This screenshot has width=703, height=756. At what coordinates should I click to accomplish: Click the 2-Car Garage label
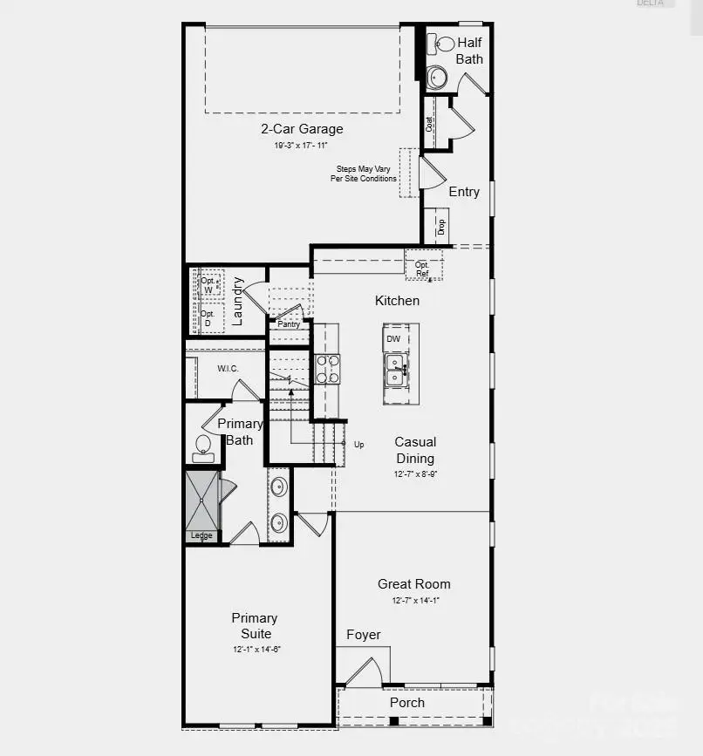(x=302, y=129)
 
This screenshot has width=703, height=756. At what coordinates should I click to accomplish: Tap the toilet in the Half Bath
(x=445, y=44)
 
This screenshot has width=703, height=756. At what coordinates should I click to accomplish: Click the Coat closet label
(x=430, y=124)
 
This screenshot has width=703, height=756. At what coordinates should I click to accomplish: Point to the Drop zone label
(x=441, y=227)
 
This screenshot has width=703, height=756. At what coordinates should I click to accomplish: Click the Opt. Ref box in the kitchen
(x=423, y=269)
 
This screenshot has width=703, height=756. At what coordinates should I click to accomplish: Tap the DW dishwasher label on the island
(x=393, y=338)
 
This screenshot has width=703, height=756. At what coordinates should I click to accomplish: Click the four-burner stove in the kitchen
(x=327, y=369)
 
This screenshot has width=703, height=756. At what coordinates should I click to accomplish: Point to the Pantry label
(x=289, y=324)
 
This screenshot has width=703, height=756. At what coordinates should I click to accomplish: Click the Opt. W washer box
(x=208, y=285)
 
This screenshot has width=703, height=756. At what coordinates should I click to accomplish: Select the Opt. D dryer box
(x=208, y=318)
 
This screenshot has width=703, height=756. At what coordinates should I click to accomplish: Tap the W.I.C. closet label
(x=229, y=369)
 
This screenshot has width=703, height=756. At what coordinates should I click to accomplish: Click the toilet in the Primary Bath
(x=203, y=446)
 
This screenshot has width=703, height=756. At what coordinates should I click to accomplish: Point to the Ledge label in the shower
(x=201, y=535)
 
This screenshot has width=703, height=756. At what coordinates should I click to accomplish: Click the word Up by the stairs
(x=359, y=444)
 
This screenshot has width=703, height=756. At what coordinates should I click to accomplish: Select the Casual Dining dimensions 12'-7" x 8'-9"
(x=415, y=474)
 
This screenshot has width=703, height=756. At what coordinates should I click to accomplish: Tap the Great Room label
(x=414, y=584)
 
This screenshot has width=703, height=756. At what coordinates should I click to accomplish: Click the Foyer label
(x=364, y=635)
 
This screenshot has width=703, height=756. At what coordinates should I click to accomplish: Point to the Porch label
(x=407, y=703)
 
